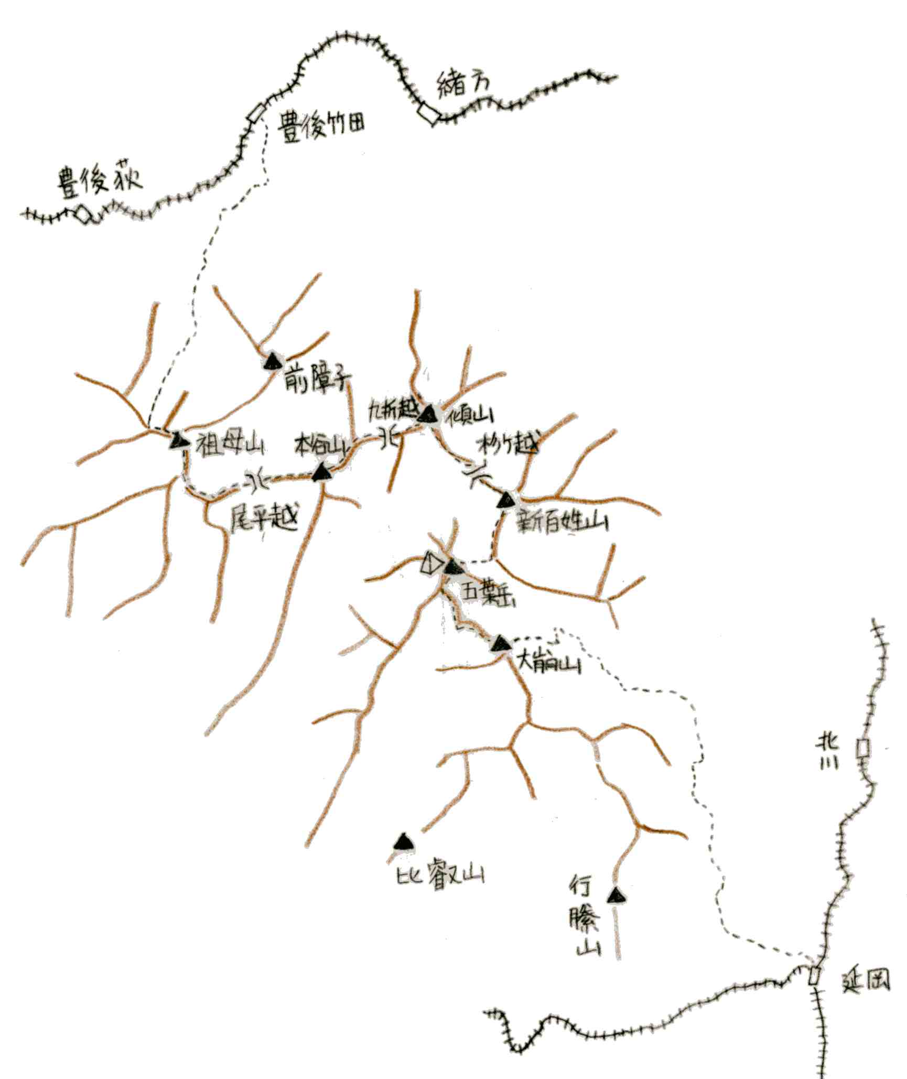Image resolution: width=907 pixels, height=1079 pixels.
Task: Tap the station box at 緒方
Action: click(428, 114)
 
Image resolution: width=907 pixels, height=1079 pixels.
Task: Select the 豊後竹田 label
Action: click(321, 126)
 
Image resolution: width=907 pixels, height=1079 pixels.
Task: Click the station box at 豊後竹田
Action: click(256, 113)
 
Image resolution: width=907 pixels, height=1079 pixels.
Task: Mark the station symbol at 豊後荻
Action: click(84, 214)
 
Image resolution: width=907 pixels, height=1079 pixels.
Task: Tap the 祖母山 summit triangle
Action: click(179, 440)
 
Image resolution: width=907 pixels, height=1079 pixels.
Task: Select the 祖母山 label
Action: click(230, 446)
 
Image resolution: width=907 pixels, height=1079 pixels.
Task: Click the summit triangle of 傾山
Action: click(428, 415)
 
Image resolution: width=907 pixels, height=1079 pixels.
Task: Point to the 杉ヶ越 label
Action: click(508, 446)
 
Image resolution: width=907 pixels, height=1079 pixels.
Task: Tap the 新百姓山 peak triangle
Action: click(506, 500)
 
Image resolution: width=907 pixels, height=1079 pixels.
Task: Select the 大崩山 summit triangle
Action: click(501, 643)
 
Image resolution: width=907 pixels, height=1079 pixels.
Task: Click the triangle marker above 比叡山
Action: click(403, 843)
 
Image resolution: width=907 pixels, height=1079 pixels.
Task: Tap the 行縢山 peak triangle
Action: click(617, 895)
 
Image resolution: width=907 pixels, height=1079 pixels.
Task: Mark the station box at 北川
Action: click(862, 748)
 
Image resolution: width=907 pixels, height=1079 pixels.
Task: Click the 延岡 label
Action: click(866, 979)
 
